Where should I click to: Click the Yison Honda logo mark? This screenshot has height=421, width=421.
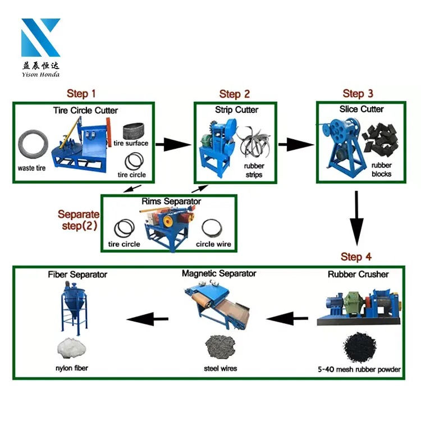40,38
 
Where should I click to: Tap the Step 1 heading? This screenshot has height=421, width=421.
81,93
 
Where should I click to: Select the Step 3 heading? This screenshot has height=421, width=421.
358,93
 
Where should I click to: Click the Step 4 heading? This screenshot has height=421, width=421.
356,257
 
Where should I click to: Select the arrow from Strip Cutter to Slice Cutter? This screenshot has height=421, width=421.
295,145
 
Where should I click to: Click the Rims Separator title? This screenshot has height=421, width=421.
168,201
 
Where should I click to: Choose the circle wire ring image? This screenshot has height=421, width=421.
213,228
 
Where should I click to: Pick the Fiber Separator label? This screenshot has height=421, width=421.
77,274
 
